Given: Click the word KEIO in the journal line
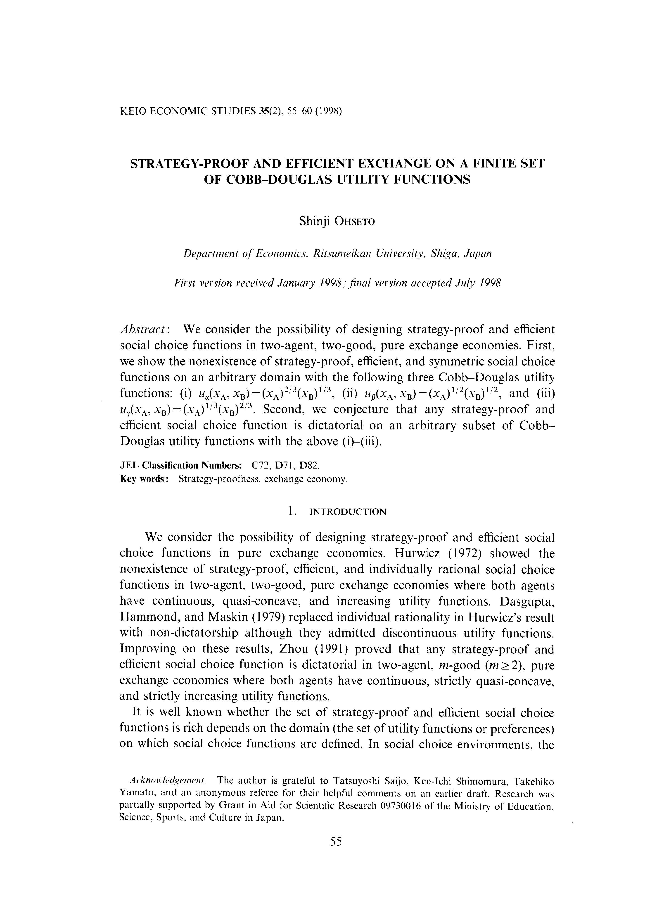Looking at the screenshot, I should click(x=132, y=111).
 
